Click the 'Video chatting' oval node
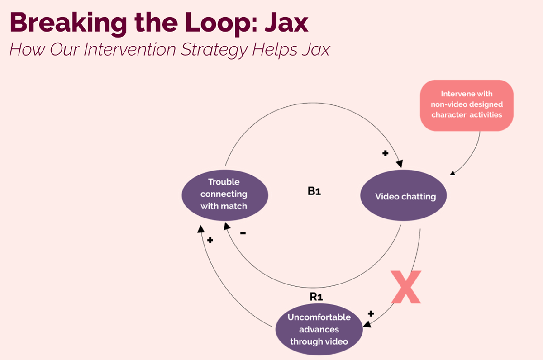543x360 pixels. pyautogui.click(x=403, y=195)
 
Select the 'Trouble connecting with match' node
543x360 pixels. pyautogui.click(x=225, y=195)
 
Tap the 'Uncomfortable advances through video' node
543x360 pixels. pyautogui.click(x=319, y=329)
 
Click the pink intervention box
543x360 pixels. pyautogui.click(x=467, y=105)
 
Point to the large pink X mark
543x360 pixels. pyautogui.click(x=406, y=287)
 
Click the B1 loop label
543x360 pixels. pyautogui.click(x=314, y=191)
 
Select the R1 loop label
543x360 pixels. pyautogui.click(x=316, y=297)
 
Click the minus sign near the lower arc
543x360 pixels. pyautogui.click(x=243, y=233)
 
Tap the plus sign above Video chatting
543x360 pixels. pyautogui.click(x=385, y=153)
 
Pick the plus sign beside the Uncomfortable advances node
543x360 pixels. pyautogui.click(x=371, y=313)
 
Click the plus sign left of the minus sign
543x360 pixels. pyautogui.click(x=210, y=240)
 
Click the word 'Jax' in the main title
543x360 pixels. pyautogui.click(x=286, y=23)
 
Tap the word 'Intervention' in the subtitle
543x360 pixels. pyautogui.click(x=130, y=49)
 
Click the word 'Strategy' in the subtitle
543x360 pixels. pyautogui.click(x=214, y=50)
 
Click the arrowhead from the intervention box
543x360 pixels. pyautogui.click(x=452, y=173)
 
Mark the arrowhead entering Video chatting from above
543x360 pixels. pyautogui.click(x=400, y=164)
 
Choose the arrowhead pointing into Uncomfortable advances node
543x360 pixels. pyautogui.click(x=367, y=324)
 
